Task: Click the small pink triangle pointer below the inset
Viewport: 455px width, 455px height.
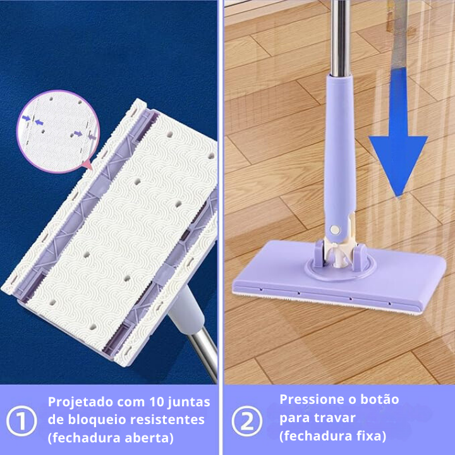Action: point(87,166)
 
